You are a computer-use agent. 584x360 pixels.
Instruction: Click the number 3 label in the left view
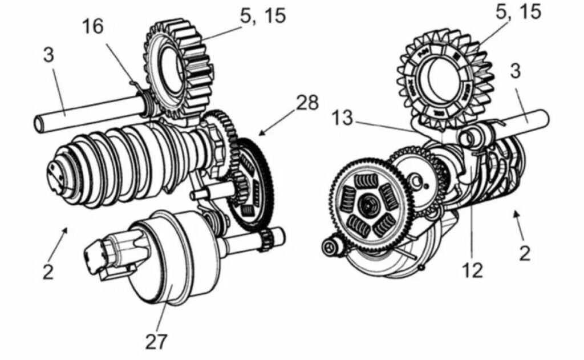49,56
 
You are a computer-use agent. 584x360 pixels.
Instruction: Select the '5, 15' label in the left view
262,15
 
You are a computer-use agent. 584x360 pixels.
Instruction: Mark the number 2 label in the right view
524,252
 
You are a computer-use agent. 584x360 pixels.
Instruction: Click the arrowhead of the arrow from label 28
260,135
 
